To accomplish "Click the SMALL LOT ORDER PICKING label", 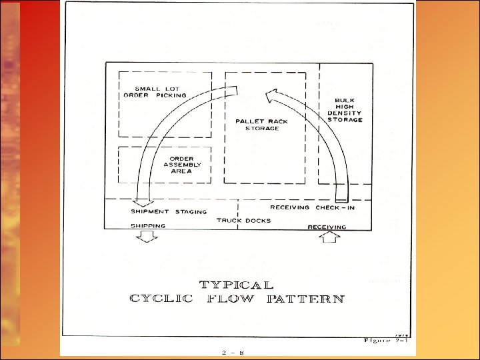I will tap(155, 92).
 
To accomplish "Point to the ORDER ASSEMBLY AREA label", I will tap(177, 165).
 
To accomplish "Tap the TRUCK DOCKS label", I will tap(243, 220).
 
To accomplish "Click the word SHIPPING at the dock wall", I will tap(148, 227).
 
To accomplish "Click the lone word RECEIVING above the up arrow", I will tap(327, 227).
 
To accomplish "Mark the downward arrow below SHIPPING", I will tap(147, 238).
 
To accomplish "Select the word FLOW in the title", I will tap(231, 299).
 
